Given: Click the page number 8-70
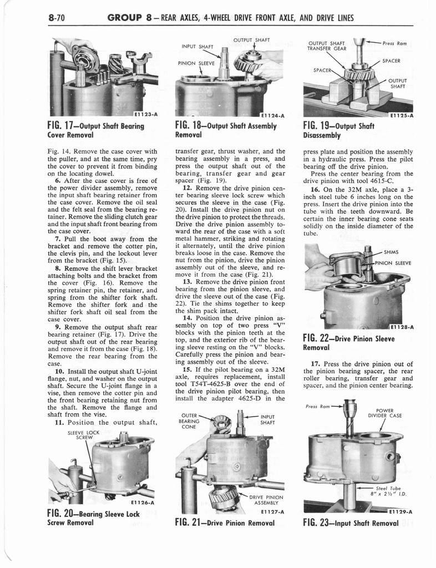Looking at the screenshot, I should click(x=57, y=18).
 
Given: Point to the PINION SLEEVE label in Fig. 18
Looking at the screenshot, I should click(x=196, y=63).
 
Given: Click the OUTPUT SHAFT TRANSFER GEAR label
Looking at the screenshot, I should click(x=327, y=45).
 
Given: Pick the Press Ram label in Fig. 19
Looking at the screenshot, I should click(x=396, y=43).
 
